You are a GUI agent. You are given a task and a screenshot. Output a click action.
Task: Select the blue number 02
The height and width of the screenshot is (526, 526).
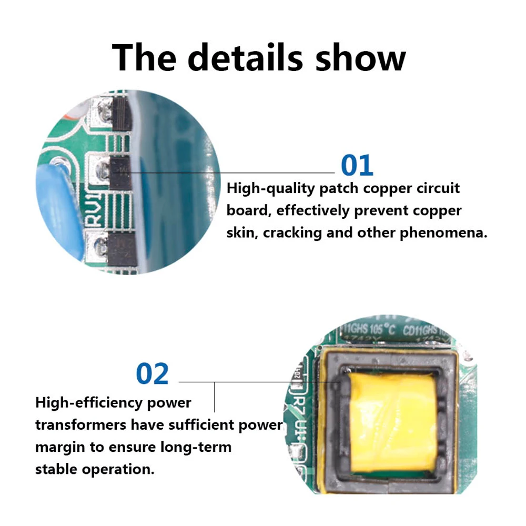click(x=153, y=373)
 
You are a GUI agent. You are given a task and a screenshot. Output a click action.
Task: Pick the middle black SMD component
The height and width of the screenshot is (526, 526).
click(x=120, y=171)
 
